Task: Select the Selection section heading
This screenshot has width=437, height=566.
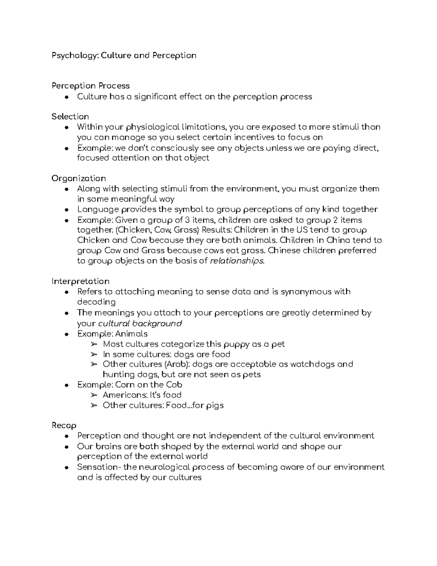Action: (70, 117)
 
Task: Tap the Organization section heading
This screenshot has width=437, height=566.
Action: (79, 179)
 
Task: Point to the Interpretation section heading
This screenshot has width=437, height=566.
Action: (80, 281)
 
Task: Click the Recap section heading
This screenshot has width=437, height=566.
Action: (64, 426)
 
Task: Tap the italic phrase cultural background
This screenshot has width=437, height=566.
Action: (140, 324)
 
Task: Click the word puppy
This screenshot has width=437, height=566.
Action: (236, 344)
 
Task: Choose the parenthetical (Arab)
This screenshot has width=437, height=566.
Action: (177, 364)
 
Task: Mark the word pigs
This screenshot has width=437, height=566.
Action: (214, 405)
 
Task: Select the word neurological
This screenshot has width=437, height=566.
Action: (161, 467)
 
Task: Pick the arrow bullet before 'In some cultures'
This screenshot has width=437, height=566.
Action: (94, 354)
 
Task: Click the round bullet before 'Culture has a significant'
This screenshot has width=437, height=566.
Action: (66, 97)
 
